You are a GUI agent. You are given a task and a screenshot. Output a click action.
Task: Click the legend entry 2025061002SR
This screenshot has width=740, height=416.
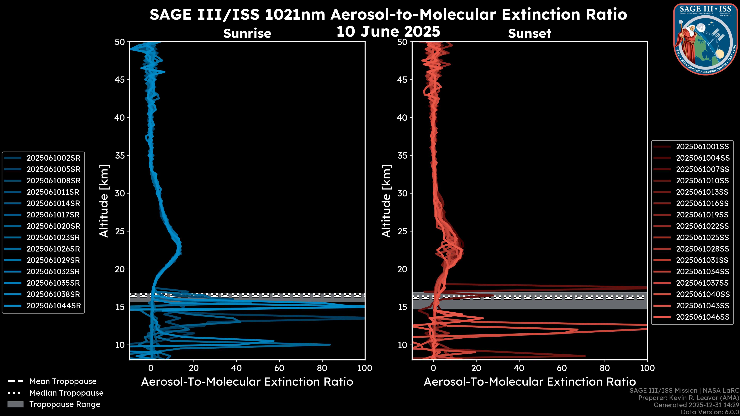[x=53, y=158]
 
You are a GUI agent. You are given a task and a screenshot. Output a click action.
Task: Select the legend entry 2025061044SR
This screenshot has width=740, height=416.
[x=53, y=306]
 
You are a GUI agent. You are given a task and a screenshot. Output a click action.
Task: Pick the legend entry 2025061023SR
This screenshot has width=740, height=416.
[x=53, y=237]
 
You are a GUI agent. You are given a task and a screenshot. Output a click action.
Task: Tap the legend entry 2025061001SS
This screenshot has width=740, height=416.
[x=702, y=147]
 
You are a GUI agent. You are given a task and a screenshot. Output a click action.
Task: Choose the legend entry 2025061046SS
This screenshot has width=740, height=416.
[x=702, y=317]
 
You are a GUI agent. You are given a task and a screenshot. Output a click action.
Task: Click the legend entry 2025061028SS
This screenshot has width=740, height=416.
[x=702, y=249]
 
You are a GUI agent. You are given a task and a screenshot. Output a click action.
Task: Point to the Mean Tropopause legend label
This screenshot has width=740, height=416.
[x=63, y=382]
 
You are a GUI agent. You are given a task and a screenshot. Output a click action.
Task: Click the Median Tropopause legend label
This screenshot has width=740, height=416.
[x=66, y=393]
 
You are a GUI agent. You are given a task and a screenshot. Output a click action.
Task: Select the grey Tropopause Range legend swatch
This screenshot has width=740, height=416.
[x=15, y=404]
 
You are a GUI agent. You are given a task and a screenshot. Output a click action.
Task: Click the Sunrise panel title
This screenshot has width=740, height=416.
[x=247, y=34]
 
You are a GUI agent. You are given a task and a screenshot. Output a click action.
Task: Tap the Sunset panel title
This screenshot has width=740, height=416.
[x=529, y=34]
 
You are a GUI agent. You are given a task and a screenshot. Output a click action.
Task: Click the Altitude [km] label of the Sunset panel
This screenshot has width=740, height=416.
[x=387, y=201]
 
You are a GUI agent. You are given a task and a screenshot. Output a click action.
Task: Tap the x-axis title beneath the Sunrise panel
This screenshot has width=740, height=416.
[x=247, y=382]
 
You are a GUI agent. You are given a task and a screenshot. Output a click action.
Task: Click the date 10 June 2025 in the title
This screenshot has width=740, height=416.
[x=388, y=32]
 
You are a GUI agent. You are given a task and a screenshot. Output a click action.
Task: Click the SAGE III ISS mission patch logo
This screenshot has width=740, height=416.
[x=706, y=39]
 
